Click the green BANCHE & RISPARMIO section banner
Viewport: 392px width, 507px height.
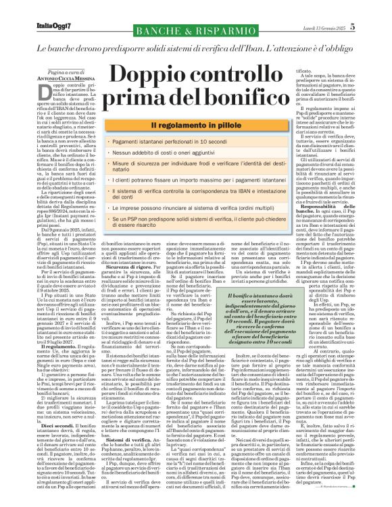(x=195, y=30)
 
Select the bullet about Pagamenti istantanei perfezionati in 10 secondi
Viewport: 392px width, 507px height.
(x=178, y=143)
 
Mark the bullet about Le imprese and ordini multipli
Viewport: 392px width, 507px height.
(x=189, y=210)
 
